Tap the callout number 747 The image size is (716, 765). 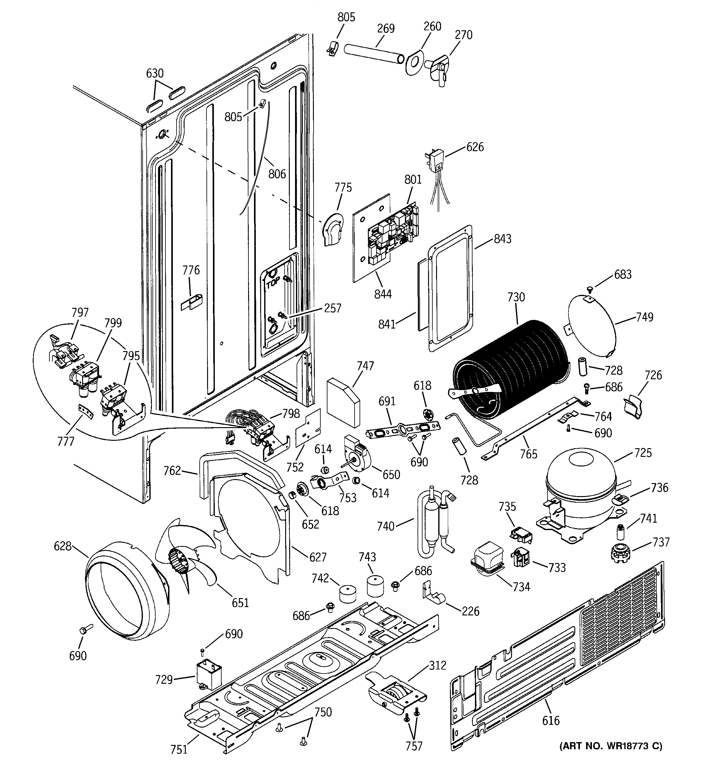pyautogui.click(x=365, y=366)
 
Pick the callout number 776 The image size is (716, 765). pyautogui.click(x=191, y=270)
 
